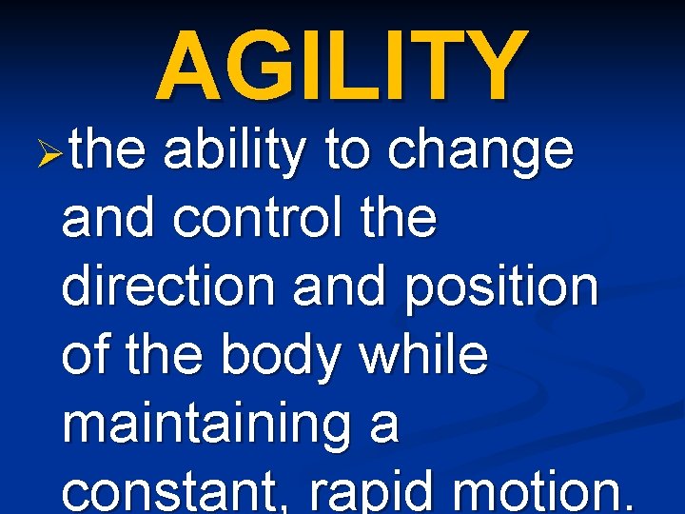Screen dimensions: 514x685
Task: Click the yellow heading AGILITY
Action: (x=342, y=64)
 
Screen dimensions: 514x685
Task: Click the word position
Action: (x=502, y=289)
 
